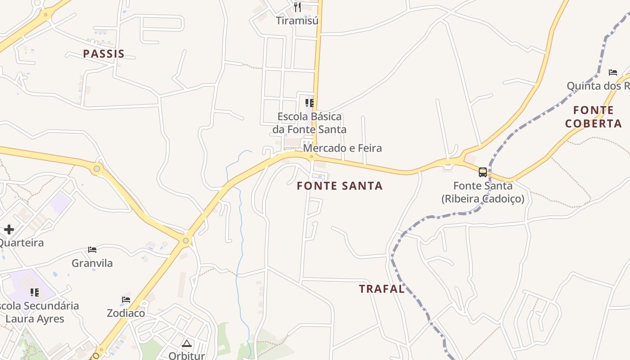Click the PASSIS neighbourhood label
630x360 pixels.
(103, 54)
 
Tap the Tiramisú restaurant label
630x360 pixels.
(297, 21)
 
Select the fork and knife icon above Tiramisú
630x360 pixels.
(297, 7)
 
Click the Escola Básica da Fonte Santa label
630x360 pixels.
(310, 123)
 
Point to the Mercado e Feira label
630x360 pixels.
(342, 148)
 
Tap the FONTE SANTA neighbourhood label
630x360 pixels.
(340, 186)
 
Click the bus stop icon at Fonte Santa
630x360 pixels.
(483, 172)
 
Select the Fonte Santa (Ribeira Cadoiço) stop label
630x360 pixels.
(483, 192)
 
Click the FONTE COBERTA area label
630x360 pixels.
(594, 117)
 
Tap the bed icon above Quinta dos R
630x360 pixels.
(612, 72)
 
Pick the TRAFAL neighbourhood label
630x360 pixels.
(382, 289)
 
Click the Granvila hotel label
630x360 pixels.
(92, 263)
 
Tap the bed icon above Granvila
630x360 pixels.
(92, 250)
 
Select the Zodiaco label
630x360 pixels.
(126, 313)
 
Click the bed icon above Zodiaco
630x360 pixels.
(126, 300)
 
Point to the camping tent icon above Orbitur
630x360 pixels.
(186, 344)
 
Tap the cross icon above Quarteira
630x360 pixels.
(9, 229)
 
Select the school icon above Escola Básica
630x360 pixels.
(309, 103)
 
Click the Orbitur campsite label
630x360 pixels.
(186, 355)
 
